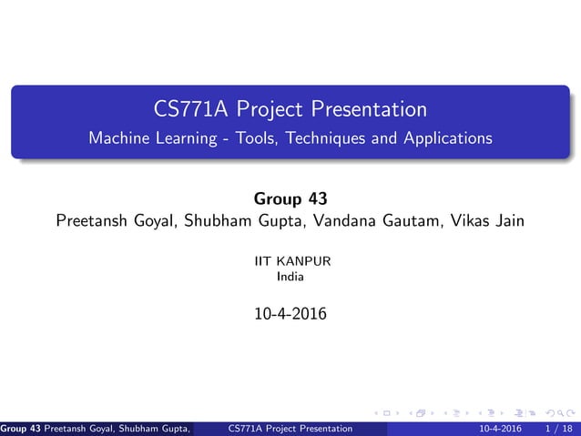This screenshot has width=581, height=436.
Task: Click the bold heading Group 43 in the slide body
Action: [290, 198]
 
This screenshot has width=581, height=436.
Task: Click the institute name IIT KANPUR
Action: [290, 261]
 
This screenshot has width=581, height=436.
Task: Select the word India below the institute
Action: [290, 276]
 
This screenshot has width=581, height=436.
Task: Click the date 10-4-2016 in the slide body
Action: [290, 316]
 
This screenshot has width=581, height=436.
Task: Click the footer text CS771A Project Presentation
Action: [291, 428]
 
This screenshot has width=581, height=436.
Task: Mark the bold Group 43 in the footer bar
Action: [17, 428]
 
